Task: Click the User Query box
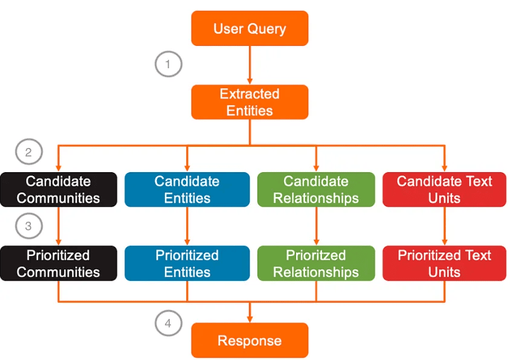pos(250,28)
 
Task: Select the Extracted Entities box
pos(250,102)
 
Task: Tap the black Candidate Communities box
pos(59,190)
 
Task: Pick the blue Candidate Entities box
pos(187,190)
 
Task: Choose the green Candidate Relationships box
pos(316,190)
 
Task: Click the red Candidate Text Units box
pos(444,190)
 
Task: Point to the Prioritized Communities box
pos(59,263)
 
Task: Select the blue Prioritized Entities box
pos(187,263)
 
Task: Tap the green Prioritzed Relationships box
pos(316,263)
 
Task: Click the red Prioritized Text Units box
pos(444,263)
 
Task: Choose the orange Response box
pos(250,340)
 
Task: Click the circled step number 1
pos(168,64)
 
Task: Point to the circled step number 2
pos(29,152)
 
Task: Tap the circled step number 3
pos(29,226)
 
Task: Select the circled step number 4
pos(168,323)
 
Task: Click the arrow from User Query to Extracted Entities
pos(250,65)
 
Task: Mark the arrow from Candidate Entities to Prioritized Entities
pos(187,226)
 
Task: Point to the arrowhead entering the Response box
pos(250,320)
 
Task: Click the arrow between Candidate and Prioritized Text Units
pos(445,226)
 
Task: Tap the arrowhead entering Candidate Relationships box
pos(316,169)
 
